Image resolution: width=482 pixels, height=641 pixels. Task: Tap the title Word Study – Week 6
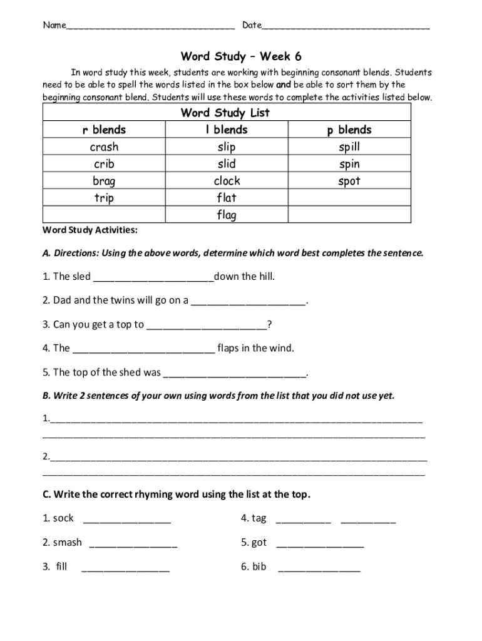[x=241, y=56]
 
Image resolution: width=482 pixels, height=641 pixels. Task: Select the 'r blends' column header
[x=104, y=130]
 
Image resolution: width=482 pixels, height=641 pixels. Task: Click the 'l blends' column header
[x=226, y=130]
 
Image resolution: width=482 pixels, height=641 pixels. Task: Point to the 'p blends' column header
[x=349, y=130]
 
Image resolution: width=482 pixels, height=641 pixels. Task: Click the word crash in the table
[x=104, y=147]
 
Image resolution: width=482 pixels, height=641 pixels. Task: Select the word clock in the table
[x=227, y=181]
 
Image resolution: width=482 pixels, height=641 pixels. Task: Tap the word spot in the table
[x=349, y=181]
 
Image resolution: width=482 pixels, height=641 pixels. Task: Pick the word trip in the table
[x=104, y=198]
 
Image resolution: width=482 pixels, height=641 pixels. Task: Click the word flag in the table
[x=227, y=215]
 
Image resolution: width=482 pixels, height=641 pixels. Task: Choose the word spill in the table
[x=349, y=147]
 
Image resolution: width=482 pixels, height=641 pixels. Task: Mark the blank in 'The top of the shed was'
[x=235, y=374]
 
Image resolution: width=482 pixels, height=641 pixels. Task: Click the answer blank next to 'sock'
[x=126, y=520]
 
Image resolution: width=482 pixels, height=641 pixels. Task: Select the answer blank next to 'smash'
[x=133, y=543]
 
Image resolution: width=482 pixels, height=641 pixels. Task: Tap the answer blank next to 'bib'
[x=319, y=568]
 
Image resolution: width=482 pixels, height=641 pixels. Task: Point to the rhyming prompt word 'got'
[x=259, y=542]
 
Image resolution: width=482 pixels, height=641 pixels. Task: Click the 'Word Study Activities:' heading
[x=90, y=230]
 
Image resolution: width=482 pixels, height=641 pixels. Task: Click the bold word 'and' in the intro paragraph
[x=284, y=85]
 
